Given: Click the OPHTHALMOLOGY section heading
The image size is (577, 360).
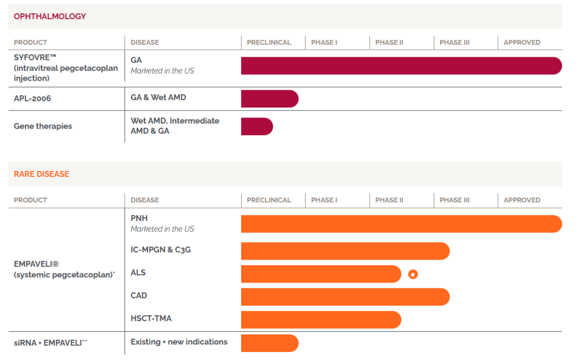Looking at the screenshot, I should coord(50,17).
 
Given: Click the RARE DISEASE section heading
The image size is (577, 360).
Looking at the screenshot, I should coord(42,174).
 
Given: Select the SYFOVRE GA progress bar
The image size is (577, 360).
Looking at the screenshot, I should coord(401,66).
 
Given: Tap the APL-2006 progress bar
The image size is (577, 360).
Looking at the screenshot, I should coord(269,99).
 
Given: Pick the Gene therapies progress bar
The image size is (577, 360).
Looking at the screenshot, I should coord(256,127).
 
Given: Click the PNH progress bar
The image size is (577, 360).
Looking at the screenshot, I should coord(401,224).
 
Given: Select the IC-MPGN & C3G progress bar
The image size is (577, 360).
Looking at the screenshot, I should coord(345,251).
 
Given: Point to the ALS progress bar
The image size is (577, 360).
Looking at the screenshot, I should coord(321,274).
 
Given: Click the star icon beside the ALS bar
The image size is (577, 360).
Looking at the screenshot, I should coord(413,274).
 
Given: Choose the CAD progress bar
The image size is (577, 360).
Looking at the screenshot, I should coord(345,297).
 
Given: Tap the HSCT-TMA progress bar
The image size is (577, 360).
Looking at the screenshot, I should coord(321,319).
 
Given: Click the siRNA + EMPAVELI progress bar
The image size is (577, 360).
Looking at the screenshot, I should coord(269,343).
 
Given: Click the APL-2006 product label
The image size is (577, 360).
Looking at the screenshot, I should coord(33,98).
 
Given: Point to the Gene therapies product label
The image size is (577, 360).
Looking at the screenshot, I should coord(43,126).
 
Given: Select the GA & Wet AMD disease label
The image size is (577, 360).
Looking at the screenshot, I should coord(158,97).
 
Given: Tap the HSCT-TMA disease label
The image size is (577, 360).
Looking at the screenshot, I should coord(151,318).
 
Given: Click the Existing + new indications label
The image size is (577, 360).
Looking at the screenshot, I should coord(179,342).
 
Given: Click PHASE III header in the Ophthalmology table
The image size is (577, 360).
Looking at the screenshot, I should coord(455,42).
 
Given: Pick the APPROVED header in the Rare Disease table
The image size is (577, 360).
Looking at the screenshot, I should coord(522,200).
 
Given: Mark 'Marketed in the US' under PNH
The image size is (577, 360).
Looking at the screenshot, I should coord(162,229).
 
